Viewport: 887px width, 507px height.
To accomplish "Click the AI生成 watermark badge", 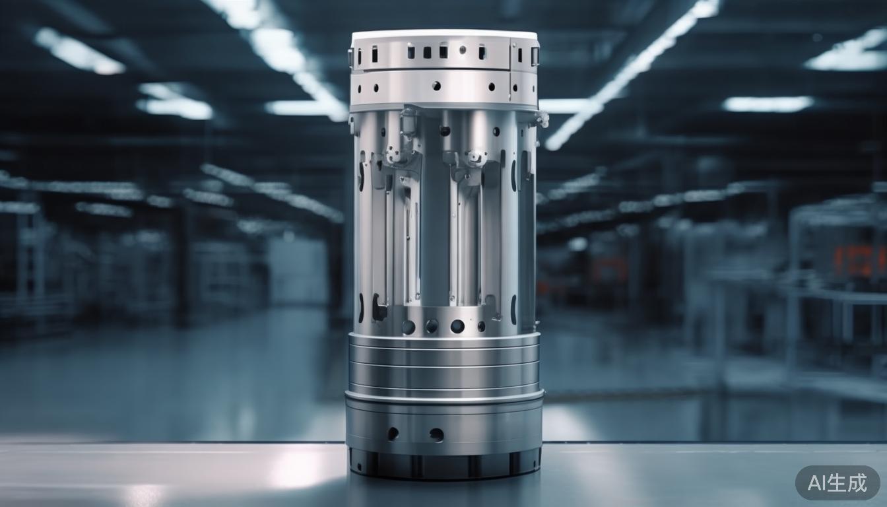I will tap(837, 483).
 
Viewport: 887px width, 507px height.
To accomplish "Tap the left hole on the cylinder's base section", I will tap(393, 433).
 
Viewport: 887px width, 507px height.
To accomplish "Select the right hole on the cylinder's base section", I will tap(436, 434).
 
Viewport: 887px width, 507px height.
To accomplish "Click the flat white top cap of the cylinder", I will tap(443, 34).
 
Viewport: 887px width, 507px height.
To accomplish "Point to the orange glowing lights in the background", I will tap(858, 261).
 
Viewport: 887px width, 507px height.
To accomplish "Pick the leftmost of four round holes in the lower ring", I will tap(409, 326).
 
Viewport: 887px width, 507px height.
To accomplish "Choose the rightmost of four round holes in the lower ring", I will tap(480, 326).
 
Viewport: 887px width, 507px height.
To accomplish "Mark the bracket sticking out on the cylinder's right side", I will tap(542, 119).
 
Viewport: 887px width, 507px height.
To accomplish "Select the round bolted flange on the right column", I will tap(474, 157).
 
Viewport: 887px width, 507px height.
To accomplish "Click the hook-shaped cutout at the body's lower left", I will tap(378, 308).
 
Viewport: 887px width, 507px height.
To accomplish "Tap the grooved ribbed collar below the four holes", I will tap(443, 364).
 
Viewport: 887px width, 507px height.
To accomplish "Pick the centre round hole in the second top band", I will tap(436, 85).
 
